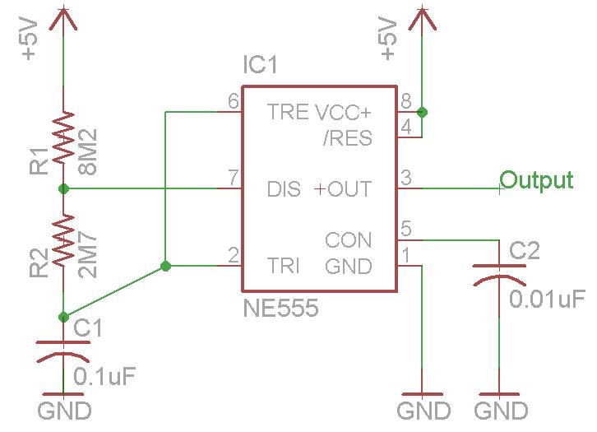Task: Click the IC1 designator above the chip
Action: (261, 64)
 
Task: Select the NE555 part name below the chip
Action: (281, 309)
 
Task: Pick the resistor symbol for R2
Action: (63, 240)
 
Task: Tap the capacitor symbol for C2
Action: (499, 276)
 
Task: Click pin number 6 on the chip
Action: (233, 101)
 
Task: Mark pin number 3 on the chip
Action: (405, 177)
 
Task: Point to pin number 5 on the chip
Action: (405, 228)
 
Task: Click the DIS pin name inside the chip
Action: (285, 189)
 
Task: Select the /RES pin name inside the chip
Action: (347, 137)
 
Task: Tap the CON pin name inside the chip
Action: (348, 240)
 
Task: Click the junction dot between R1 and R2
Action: (63, 189)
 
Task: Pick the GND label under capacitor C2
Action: (501, 410)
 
